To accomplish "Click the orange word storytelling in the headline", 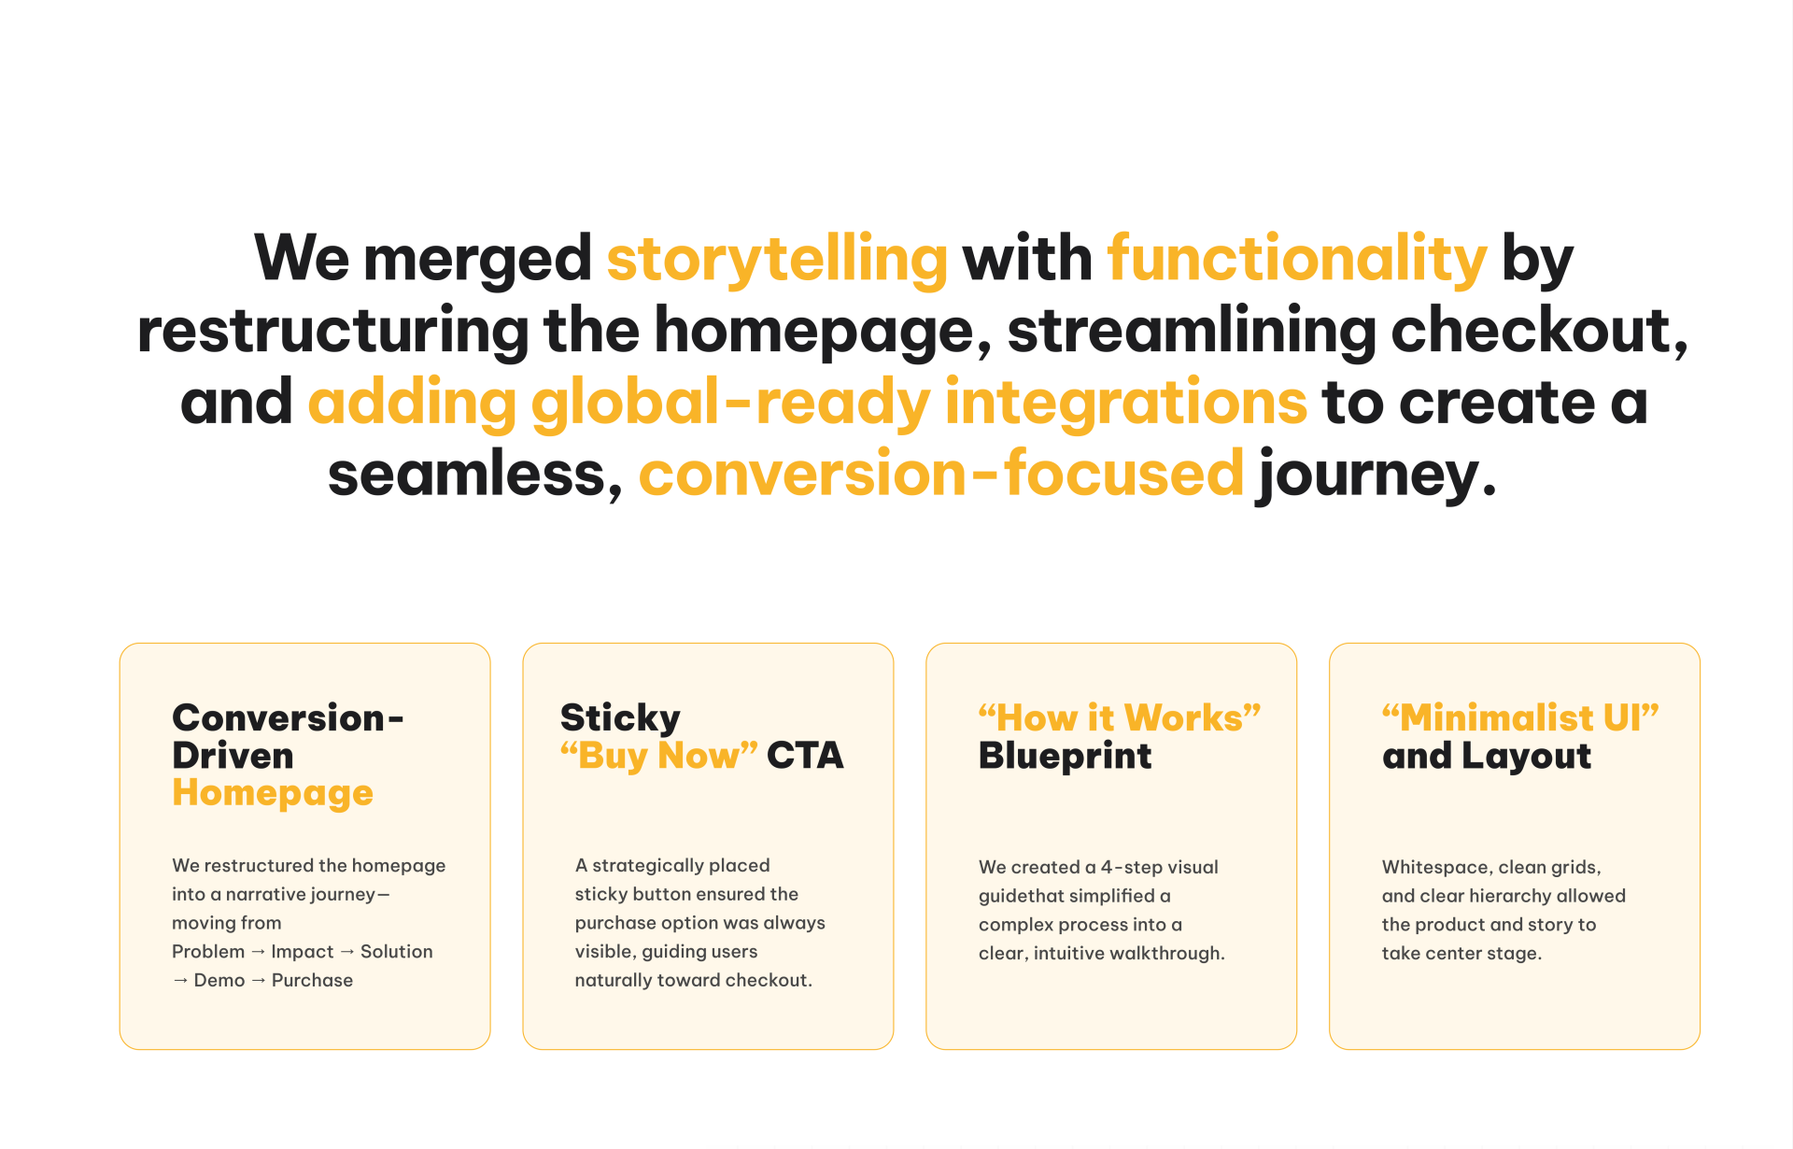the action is point(777,259).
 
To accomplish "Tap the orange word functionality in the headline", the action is point(1297,259).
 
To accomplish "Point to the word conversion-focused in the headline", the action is point(941,473).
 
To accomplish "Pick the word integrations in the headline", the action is point(1126,403).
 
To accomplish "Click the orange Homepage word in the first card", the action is point(273,794).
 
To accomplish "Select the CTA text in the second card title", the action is point(805,756).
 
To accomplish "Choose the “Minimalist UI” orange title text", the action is point(1520,717).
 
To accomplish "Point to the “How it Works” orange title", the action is point(1120,717).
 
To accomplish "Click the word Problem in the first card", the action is point(208,952).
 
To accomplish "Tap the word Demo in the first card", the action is point(219,980).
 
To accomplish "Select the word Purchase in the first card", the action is point(312,980).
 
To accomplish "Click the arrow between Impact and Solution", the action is point(347,952).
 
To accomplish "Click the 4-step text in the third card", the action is point(1132,868).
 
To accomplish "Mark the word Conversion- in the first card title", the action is point(288,718).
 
